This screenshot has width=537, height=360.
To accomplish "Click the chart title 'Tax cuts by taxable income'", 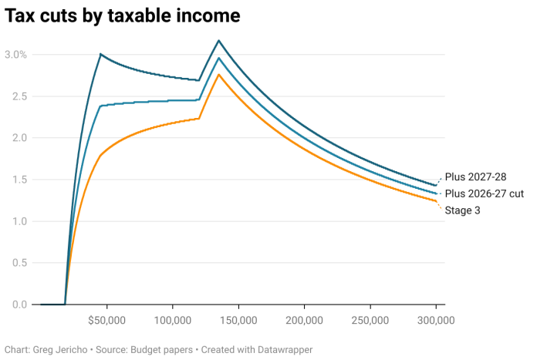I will [x=122, y=15].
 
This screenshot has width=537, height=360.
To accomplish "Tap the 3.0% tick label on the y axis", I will [x=16, y=55].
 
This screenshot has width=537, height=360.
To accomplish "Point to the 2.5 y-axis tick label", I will [x=18, y=96].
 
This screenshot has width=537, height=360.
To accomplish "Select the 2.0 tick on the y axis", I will [x=18, y=138].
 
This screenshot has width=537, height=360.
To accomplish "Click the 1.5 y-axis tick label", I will [x=18, y=180].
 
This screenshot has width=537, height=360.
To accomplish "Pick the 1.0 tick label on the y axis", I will [x=18, y=221].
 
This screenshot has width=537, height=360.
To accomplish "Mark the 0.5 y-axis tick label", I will [x=18, y=263].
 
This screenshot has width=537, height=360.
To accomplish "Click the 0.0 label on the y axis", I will [x=18, y=304].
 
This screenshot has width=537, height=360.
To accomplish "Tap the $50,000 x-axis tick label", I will [x=106, y=320].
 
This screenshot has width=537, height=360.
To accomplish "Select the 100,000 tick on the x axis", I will [x=173, y=320].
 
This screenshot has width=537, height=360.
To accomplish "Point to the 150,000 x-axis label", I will [x=238, y=320].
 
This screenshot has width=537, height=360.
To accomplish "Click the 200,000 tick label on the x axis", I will [x=305, y=320].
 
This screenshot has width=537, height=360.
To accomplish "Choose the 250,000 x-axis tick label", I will [x=370, y=320].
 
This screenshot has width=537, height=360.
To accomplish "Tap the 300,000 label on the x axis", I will [x=437, y=320].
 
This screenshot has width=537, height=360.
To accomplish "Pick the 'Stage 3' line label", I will [x=463, y=210].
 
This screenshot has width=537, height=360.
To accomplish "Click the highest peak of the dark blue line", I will [x=219, y=40].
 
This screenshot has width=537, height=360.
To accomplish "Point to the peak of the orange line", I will [x=219, y=74].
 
